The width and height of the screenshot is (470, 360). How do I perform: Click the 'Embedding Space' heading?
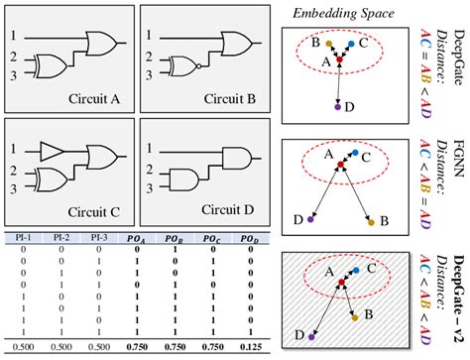[341, 13]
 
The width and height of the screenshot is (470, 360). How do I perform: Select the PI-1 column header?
[22, 237]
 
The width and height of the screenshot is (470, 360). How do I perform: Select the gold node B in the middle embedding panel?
[370, 223]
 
